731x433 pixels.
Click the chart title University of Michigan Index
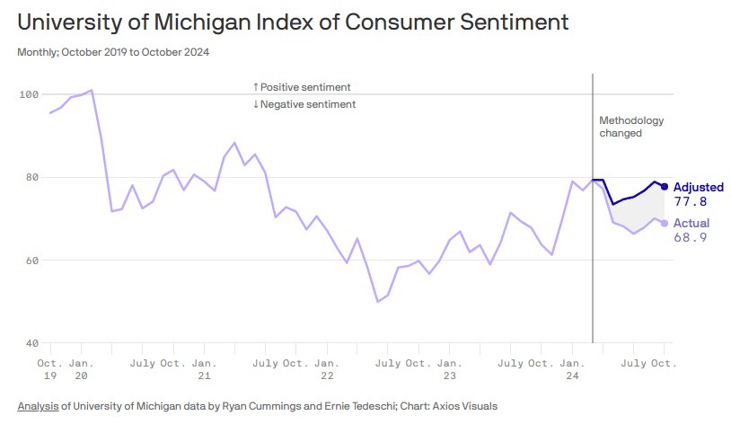293,22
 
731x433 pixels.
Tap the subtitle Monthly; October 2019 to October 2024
113,52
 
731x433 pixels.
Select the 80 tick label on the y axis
30,177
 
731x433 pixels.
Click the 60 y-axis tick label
30,261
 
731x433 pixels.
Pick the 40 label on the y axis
30,343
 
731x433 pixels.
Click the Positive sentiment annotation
302,87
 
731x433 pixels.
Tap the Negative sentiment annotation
304,104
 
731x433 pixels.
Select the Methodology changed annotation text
631,127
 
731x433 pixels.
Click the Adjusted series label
699,187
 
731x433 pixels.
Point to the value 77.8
690,202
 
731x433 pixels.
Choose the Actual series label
691,223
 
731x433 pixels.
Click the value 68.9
690,238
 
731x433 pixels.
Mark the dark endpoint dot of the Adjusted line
665,187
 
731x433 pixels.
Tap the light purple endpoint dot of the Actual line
665,223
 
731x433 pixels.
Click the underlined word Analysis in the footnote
38,406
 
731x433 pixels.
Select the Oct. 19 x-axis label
50,368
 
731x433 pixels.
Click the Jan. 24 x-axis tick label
572,368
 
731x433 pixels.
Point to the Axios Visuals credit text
465,406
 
